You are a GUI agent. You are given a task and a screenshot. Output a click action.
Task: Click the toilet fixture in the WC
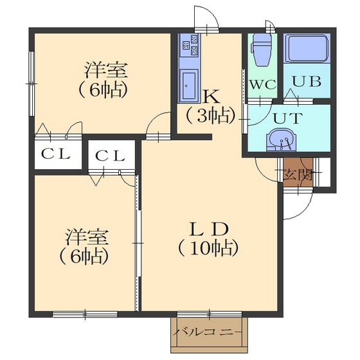(261, 50)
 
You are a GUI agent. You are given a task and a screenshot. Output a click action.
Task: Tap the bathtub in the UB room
(307, 48)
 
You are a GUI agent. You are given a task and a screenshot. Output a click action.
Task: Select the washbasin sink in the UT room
(281, 139)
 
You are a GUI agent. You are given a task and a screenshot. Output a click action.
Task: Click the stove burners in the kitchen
(190, 45)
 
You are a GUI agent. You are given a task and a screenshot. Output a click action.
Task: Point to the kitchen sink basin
(189, 85)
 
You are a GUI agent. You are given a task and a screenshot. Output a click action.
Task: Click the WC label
(262, 85)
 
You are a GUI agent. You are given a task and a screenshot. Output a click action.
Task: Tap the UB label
(307, 82)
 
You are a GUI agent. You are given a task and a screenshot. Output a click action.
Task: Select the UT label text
(286, 118)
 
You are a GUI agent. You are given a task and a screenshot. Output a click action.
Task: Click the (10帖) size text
(208, 249)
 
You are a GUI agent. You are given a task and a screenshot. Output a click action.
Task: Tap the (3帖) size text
(211, 116)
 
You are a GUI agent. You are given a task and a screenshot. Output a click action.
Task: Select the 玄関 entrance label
(298, 175)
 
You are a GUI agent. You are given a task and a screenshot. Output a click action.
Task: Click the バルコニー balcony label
(207, 332)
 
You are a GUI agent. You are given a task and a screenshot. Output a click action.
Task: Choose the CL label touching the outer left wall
(56, 154)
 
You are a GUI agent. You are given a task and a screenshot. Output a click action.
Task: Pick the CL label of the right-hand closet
(111, 156)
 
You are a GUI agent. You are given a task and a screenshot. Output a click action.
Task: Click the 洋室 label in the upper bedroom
(105, 70)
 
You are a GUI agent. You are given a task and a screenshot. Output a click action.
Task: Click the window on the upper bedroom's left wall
(32, 84)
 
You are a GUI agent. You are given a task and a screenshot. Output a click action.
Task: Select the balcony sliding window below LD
(210, 314)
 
